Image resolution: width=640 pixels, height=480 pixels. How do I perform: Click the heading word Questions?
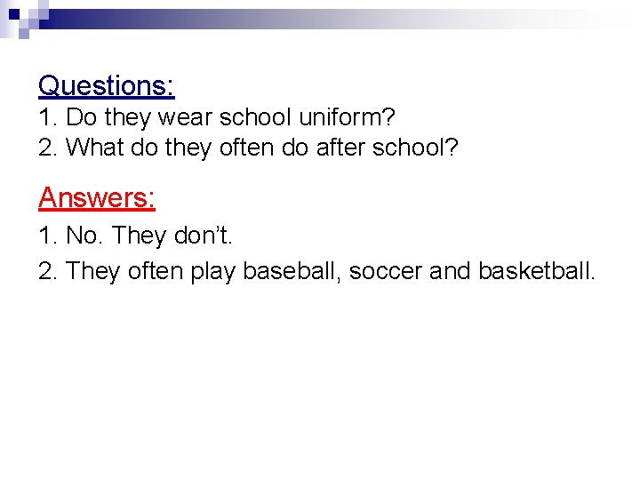(106, 85)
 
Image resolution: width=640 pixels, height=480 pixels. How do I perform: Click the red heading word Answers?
(96, 197)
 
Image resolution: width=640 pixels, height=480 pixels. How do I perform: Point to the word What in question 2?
(94, 148)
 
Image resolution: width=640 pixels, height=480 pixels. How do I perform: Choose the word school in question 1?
(258, 117)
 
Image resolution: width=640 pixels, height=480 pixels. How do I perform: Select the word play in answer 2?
(212, 270)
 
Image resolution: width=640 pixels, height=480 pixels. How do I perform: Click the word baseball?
(292, 270)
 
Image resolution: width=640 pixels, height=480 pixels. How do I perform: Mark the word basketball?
(536, 270)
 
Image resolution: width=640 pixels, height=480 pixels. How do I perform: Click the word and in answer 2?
(450, 270)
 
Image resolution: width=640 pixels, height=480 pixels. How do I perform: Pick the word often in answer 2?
(156, 270)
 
